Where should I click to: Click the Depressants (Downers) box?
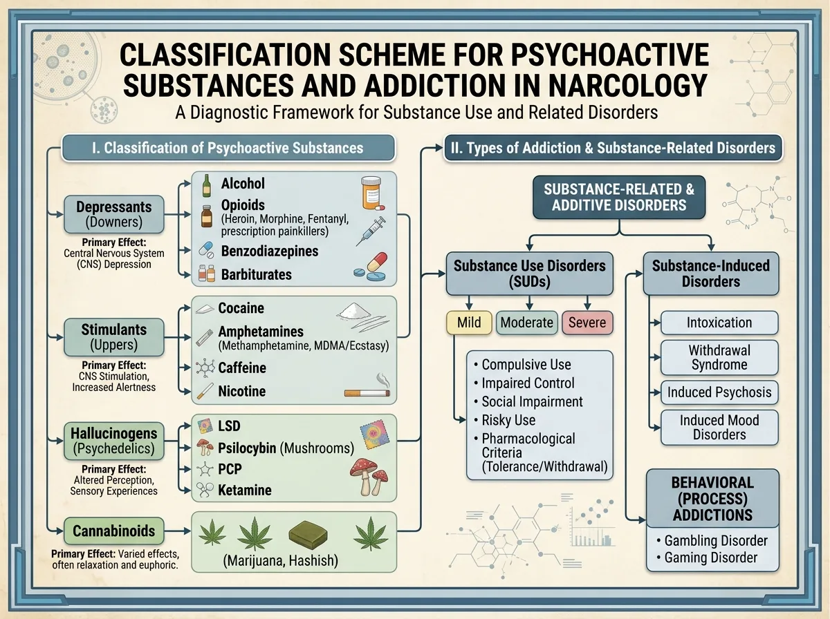[x=114, y=214]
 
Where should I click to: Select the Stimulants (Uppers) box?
[x=114, y=337]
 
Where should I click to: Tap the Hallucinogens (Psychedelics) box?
[x=114, y=441]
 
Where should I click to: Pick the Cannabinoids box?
[x=114, y=531]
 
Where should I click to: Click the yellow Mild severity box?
[x=469, y=323]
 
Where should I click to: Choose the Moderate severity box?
[x=527, y=323]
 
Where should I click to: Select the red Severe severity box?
[x=587, y=323]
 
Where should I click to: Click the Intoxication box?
[x=719, y=323]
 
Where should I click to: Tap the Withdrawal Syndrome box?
[x=719, y=357]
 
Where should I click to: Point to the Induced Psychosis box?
[x=719, y=392]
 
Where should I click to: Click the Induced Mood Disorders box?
[x=719, y=427]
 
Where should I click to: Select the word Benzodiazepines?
[x=270, y=251]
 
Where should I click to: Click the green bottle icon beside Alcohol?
[x=206, y=185]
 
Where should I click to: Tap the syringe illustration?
[x=371, y=231]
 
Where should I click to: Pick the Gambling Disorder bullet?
[x=712, y=541]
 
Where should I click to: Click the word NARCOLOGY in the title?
[x=628, y=86]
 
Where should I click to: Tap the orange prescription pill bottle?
[x=371, y=193]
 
